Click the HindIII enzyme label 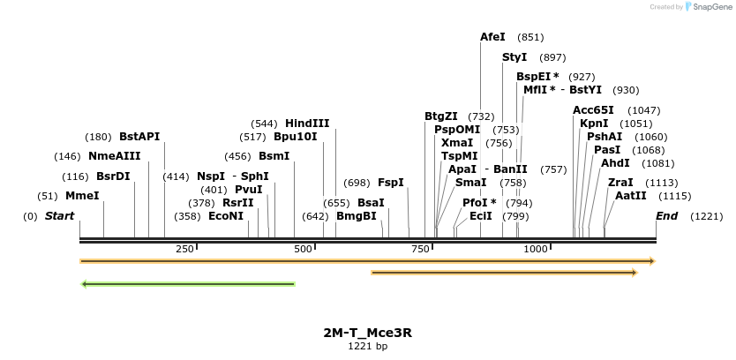click(307, 124)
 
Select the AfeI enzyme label click(492, 37)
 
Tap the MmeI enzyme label click(82, 196)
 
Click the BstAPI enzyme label click(139, 137)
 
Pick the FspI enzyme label click(391, 183)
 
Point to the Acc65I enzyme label click(593, 110)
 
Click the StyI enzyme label click(514, 57)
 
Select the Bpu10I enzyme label click(295, 137)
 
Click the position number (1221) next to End click(706, 216)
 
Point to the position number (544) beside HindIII click(265, 124)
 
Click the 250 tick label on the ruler click(184, 250)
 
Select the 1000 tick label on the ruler click(536, 250)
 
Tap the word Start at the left click(59, 216)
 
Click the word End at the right click(667, 216)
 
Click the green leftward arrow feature click(187, 284)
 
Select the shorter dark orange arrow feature click(504, 273)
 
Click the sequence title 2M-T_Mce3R click(367, 333)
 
